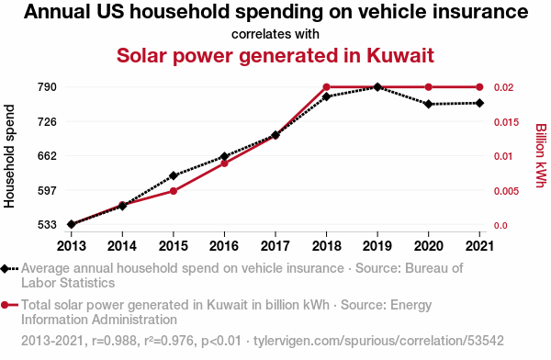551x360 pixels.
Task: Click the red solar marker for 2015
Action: [174, 191]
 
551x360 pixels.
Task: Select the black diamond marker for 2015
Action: [174, 175]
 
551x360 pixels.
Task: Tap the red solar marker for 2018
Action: [326, 87]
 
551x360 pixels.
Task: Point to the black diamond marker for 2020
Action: [428, 104]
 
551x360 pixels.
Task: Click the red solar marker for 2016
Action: [225, 163]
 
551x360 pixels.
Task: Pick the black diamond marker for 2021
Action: [479, 103]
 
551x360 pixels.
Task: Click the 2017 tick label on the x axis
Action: [275, 246]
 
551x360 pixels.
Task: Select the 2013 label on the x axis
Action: [72, 246]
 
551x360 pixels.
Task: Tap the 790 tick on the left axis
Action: [47, 87]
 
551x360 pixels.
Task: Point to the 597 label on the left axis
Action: [47, 191]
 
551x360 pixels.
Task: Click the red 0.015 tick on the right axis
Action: [506, 122]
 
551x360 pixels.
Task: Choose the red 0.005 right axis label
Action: [506, 191]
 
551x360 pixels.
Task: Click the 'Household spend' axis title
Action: [9, 156]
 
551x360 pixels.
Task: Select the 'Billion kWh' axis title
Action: [541, 155]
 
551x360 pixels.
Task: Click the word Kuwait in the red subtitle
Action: [400, 55]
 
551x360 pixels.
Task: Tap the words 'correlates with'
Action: [275, 34]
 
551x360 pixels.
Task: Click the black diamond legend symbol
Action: [9, 269]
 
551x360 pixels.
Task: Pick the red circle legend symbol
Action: [9, 305]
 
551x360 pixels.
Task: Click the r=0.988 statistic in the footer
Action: [114, 341]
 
